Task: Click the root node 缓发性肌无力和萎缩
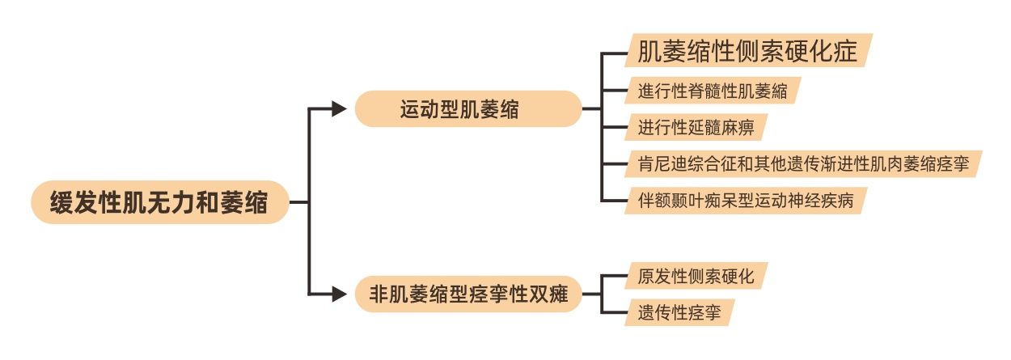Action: [x=160, y=202]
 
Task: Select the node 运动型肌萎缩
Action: [x=468, y=109]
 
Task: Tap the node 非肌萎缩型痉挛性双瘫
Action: [x=468, y=295]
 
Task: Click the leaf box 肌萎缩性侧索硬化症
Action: [x=747, y=51]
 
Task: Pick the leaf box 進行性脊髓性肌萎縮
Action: [x=712, y=90]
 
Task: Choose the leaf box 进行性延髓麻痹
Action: [x=695, y=128]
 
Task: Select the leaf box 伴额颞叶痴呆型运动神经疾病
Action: [x=744, y=199]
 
